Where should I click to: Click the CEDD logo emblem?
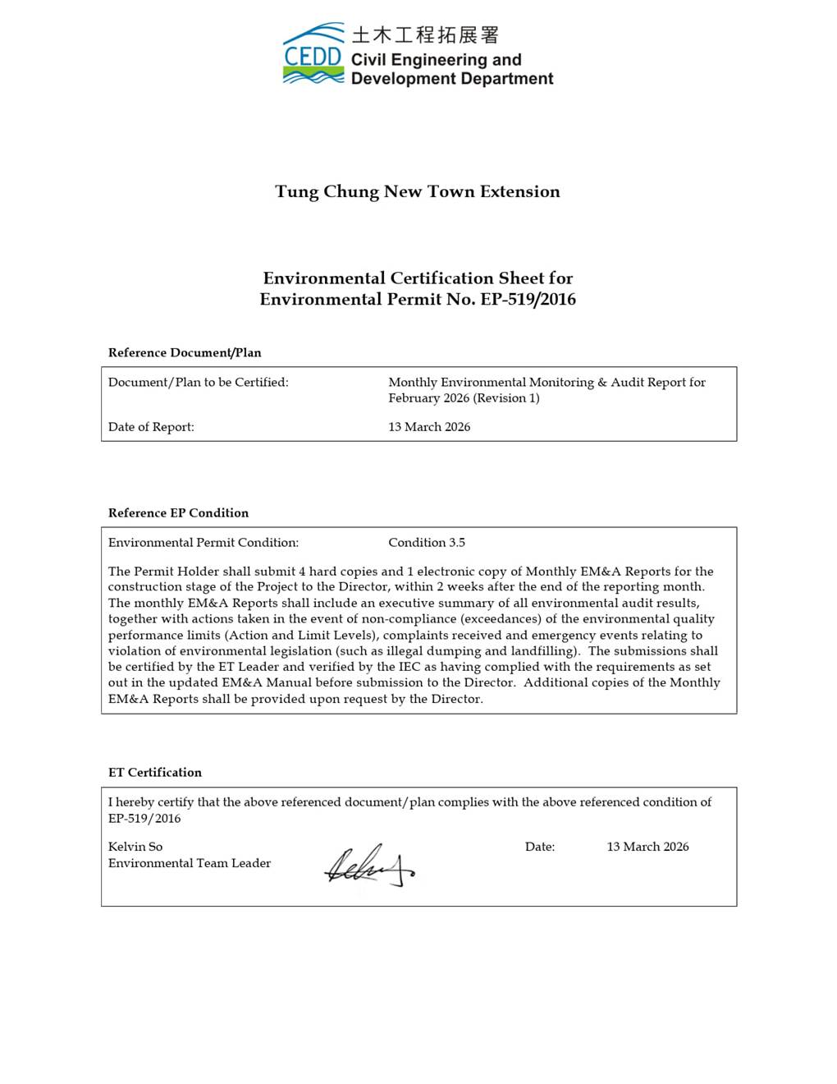click(313, 54)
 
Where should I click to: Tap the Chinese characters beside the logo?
click(425, 35)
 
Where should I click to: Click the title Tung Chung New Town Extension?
click(418, 192)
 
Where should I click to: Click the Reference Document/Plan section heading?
click(185, 353)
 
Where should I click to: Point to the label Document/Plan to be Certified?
click(199, 383)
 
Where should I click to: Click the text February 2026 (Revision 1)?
click(464, 398)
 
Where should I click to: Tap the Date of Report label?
click(151, 427)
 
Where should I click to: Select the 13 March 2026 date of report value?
click(429, 427)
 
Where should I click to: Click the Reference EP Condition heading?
click(178, 513)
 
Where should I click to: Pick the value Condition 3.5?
click(427, 543)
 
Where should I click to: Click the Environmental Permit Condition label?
click(204, 543)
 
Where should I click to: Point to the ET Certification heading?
click(155, 773)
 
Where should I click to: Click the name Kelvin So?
click(135, 847)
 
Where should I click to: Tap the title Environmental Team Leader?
click(190, 863)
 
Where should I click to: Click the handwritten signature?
click(368, 866)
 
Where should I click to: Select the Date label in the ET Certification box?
click(540, 847)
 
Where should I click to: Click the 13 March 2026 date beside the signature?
click(647, 847)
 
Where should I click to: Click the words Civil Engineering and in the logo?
click(436, 60)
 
